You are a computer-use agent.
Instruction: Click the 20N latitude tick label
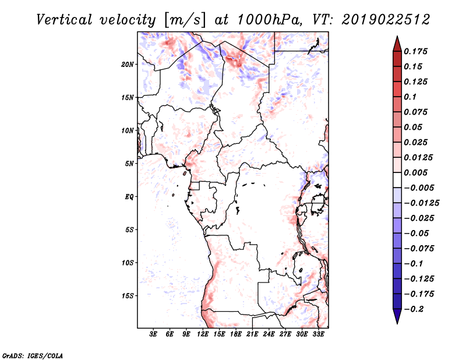click(127, 65)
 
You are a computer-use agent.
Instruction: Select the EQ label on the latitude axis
click(129, 197)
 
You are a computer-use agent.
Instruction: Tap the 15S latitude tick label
click(128, 296)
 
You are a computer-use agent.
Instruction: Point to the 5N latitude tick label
click(129, 164)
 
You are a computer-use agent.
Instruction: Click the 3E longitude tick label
click(153, 334)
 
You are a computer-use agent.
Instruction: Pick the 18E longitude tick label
click(235, 334)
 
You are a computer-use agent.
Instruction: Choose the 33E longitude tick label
click(318, 334)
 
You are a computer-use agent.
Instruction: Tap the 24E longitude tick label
click(269, 334)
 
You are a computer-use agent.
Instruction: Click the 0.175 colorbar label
click(415, 51)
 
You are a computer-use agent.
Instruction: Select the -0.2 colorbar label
click(414, 309)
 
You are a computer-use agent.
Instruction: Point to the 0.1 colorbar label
click(410, 97)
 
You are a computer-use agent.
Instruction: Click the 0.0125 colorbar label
click(418, 157)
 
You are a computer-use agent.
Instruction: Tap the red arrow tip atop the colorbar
click(397, 36)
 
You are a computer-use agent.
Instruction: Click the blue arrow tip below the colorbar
click(397, 323)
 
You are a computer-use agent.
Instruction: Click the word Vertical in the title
click(64, 20)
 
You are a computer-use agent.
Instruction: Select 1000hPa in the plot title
click(269, 20)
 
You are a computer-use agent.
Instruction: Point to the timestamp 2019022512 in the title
click(386, 20)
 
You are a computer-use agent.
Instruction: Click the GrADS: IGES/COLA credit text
click(33, 355)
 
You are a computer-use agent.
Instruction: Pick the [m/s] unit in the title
click(185, 20)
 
